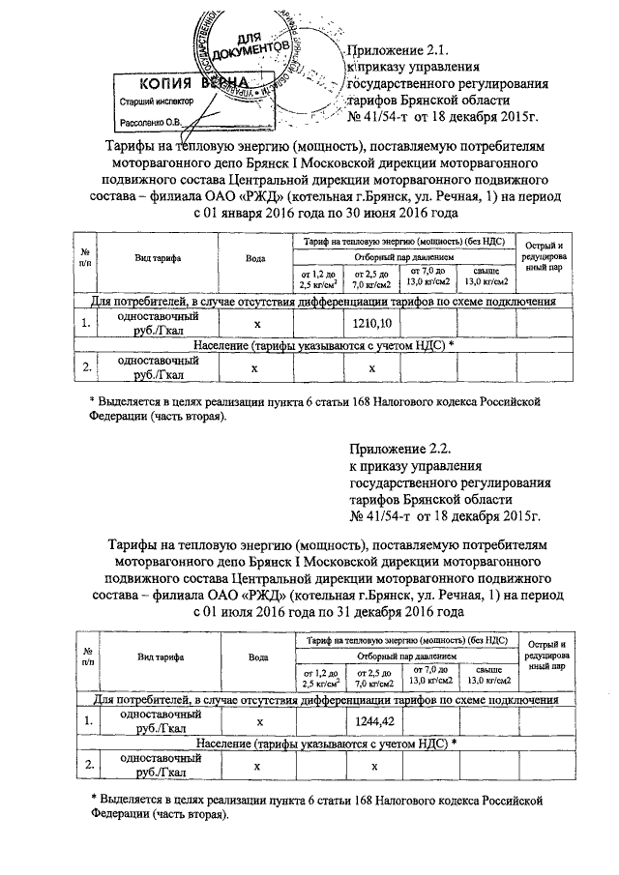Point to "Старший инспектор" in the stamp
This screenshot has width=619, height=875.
coord(155,101)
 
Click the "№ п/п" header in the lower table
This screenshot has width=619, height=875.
coord(86,657)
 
